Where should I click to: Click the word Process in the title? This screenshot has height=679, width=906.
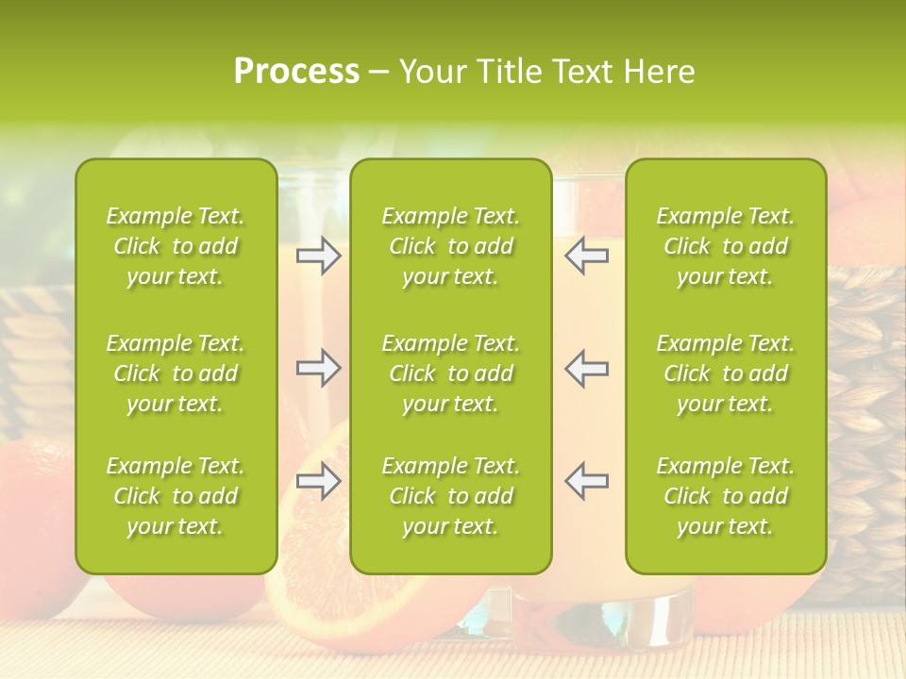coord(296,72)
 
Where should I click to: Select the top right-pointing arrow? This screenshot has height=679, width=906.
coord(318,256)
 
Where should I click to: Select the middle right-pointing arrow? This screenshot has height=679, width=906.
coord(318,368)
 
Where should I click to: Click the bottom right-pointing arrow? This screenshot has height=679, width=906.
coord(318,481)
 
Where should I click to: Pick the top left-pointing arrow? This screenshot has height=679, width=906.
coord(587,256)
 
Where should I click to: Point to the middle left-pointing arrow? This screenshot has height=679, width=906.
coord(587,368)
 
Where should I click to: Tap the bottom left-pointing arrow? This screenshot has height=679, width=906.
coord(587,481)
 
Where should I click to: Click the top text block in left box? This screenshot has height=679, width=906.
coord(176,246)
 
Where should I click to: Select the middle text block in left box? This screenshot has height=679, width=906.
coord(176,373)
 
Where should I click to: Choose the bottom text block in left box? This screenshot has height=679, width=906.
coord(176,496)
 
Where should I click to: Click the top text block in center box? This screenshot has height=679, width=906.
coord(450,246)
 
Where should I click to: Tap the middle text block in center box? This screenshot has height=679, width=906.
coord(450,373)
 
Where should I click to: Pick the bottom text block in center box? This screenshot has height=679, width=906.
coord(450,496)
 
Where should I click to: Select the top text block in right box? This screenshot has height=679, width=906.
coord(725,246)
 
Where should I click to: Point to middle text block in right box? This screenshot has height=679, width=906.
coord(725,373)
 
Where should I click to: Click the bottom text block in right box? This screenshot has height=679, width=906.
coord(725,496)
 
